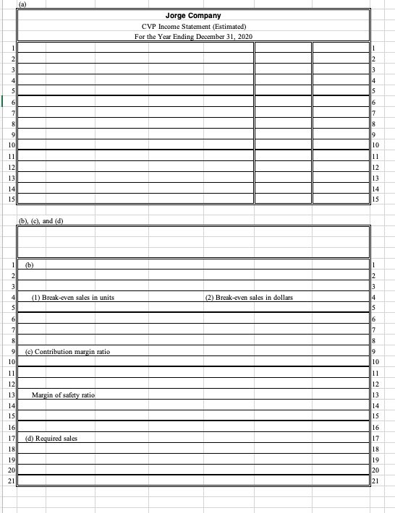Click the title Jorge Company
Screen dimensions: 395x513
click(x=198, y=15)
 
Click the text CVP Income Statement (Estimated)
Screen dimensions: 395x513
click(x=198, y=26)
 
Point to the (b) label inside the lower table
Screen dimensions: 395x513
click(x=30, y=265)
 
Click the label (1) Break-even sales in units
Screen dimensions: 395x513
click(x=73, y=298)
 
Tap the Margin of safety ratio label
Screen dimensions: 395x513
click(x=63, y=395)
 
